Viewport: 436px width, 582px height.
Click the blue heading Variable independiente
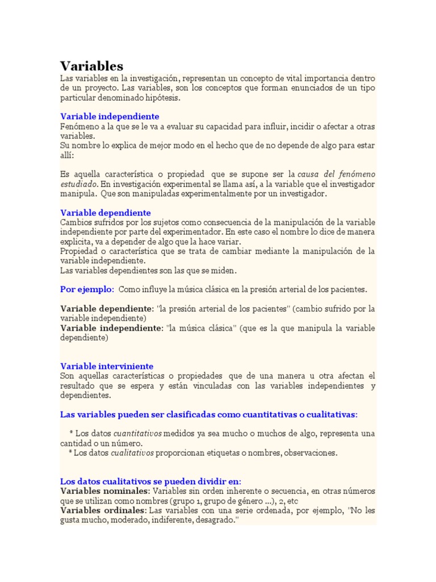[x=110, y=117]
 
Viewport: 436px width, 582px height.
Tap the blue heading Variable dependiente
[x=106, y=212]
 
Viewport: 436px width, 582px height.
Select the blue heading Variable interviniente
[x=107, y=366]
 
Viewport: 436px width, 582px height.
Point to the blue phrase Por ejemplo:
[x=87, y=289]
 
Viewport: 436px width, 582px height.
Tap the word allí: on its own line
[x=68, y=155]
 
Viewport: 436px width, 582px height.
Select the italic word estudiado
[x=79, y=184]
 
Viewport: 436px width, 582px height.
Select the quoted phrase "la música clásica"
[x=200, y=328]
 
